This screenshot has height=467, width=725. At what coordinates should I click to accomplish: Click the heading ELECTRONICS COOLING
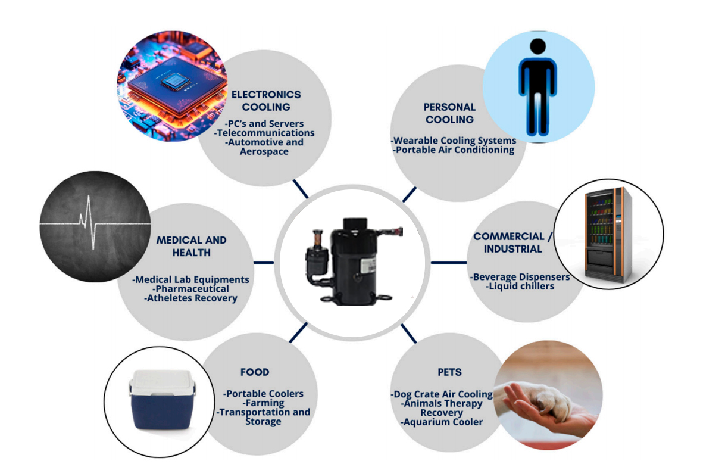pyautogui.click(x=266, y=101)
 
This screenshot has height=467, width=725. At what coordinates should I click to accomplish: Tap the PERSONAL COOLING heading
pyautogui.click(x=449, y=113)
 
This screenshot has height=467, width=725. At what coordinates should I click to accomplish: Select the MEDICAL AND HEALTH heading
pyautogui.click(x=191, y=246)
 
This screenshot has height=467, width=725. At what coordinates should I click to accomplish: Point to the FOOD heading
pyautogui.click(x=255, y=372)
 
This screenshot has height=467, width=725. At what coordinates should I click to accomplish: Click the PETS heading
pyautogui.click(x=449, y=372)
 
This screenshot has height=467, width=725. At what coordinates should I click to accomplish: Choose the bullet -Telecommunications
pyautogui.click(x=264, y=133)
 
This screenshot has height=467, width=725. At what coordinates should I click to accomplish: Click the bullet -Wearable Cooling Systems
pyautogui.click(x=454, y=141)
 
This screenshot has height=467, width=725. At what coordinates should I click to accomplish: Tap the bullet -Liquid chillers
pyautogui.click(x=520, y=287)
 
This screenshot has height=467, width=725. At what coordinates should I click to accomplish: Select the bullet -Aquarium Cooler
pyautogui.click(x=442, y=422)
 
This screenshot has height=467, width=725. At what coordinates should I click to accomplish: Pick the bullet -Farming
pyautogui.click(x=264, y=403)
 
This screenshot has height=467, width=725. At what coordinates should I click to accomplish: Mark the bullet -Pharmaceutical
pyautogui.click(x=190, y=288)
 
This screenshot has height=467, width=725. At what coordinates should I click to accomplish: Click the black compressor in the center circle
pyautogui.click(x=354, y=261)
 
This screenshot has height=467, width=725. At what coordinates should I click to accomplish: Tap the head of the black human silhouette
pyautogui.click(x=538, y=46)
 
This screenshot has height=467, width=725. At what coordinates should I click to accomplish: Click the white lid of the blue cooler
pyautogui.click(x=162, y=382)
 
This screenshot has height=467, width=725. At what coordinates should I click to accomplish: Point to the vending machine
pyautogui.click(x=608, y=235)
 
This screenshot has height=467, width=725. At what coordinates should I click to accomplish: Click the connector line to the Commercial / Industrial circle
pyautogui.click(x=449, y=263)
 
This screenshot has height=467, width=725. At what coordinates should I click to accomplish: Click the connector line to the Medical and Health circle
pyautogui.click(x=264, y=263)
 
